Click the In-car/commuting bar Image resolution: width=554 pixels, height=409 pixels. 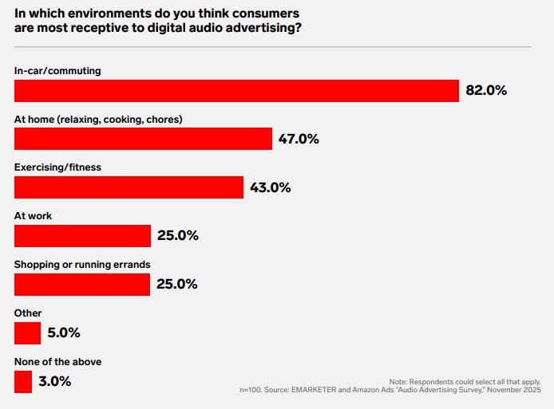point(236,91)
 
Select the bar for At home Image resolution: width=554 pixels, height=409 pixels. point(144,139)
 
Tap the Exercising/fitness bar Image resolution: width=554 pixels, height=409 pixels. point(129,187)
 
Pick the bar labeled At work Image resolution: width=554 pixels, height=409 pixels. point(82,236)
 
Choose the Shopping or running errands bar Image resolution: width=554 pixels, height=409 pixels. point(82,285)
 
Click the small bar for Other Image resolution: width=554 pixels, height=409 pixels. point(27,333)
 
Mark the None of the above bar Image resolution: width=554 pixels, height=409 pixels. point(23,382)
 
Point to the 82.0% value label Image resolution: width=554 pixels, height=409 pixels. point(486,91)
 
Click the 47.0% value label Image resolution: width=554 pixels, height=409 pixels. point(299,139)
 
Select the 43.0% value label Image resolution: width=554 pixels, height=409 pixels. point(270,187)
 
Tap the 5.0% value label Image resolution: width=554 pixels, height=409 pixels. point(64,333)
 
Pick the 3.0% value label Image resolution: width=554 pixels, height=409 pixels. point(55,382)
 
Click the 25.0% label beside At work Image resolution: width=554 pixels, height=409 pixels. point(177,236)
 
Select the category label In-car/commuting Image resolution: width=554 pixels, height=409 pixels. point(57,71)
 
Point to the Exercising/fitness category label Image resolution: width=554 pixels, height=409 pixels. point(57,167)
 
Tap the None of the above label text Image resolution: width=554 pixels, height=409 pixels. point(57,361)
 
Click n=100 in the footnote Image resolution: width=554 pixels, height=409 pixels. point(254,390)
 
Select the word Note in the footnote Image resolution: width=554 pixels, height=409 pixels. point(398,382)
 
